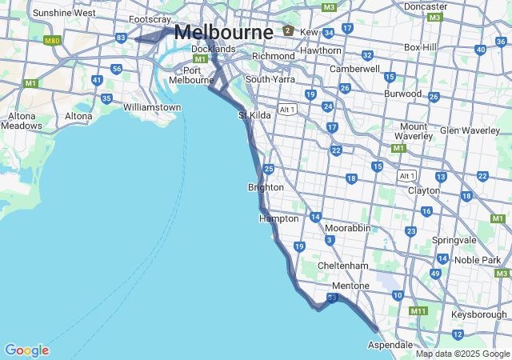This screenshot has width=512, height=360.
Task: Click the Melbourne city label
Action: click(222, 32)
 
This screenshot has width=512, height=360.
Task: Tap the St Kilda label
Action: click(254, 115)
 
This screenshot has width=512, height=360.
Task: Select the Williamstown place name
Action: click(152, 106)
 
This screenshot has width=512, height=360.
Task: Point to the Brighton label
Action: click(266, 187)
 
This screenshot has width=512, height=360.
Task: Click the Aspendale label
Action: click(390, 344)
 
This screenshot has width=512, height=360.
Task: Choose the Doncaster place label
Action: click(426, 6)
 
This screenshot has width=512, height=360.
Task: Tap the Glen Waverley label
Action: click(470, 130)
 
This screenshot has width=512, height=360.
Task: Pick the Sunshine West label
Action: click(64, 13)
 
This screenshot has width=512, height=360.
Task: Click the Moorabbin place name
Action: click(347, 228)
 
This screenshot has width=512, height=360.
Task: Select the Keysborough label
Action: click(479, 314)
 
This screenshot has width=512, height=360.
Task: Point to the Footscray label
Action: click(150, 19)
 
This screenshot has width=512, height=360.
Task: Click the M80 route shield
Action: click(53, 40)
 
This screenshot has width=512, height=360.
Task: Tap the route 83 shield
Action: click(121, 38)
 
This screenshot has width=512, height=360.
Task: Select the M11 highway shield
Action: click(418, 310)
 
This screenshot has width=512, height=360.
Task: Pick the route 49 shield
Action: click(435, 273)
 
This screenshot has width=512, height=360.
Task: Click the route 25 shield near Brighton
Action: click(269, 169)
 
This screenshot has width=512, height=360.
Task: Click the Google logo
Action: click(26, 350)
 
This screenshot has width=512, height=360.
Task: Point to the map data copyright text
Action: click(462, 354)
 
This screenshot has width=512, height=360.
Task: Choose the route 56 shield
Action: click(117, 69)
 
